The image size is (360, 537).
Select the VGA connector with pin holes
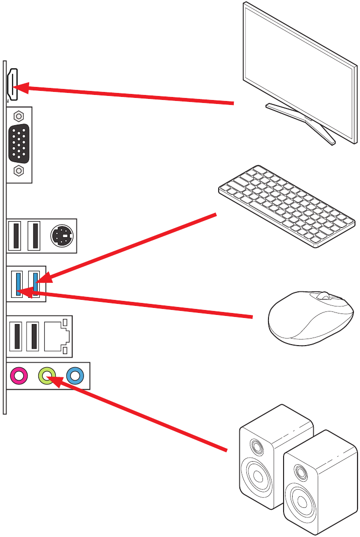click(19, 143)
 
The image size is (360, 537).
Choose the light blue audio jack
click(74, 375)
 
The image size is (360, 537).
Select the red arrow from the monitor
click(126, 95)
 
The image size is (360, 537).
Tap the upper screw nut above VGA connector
click(19, 116)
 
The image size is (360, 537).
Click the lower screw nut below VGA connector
click(19, 171)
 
